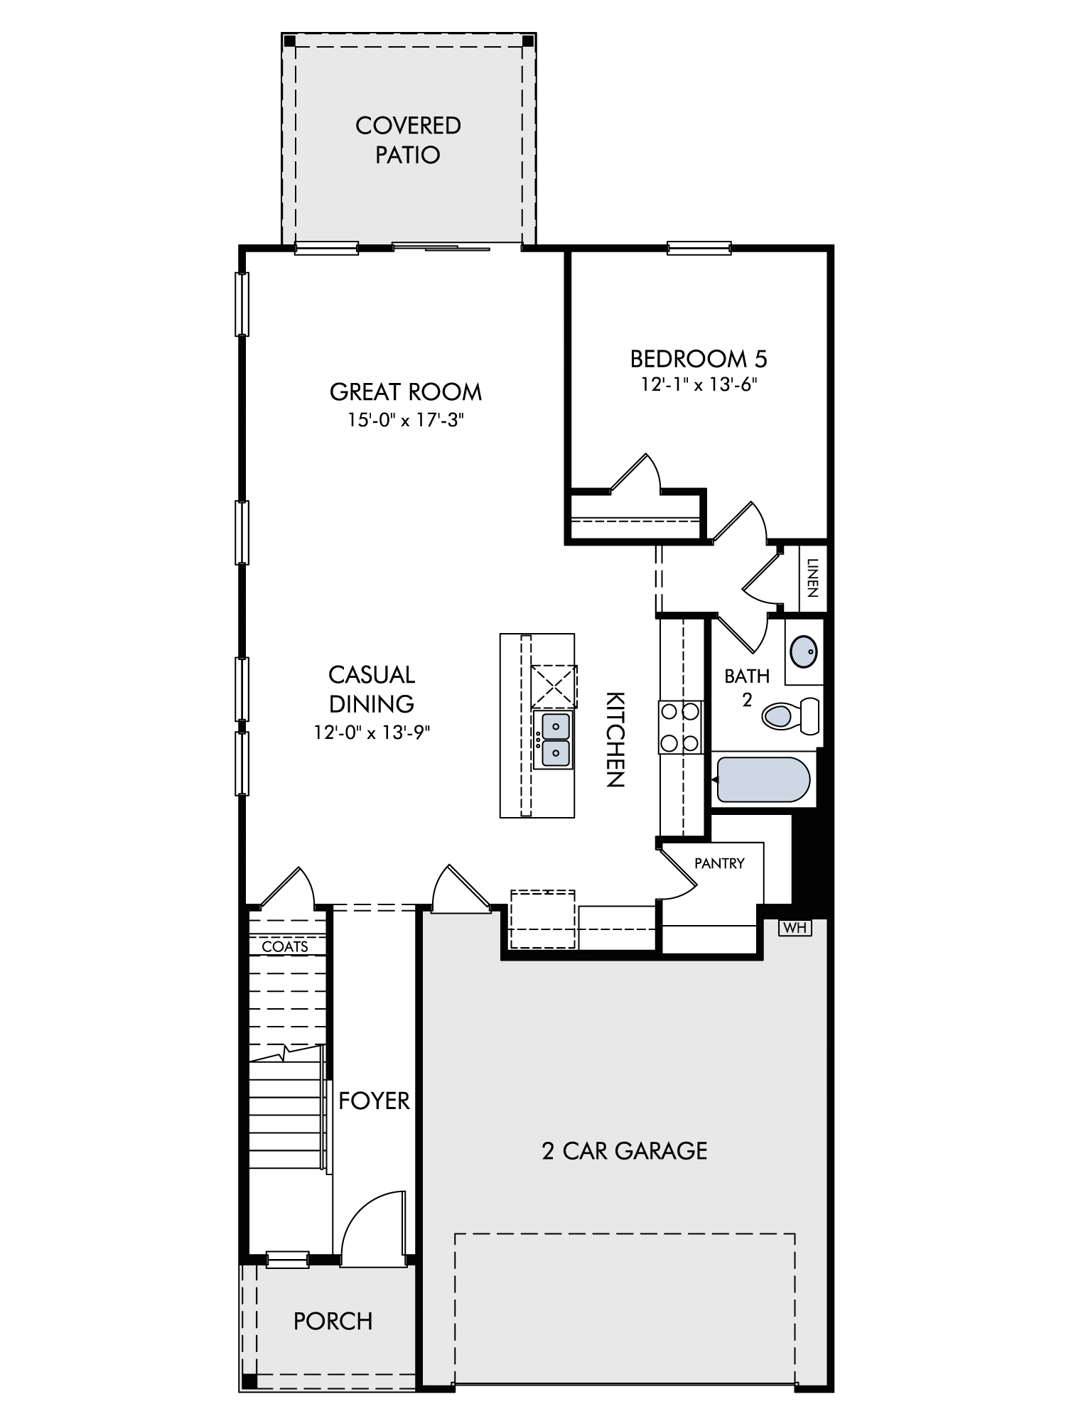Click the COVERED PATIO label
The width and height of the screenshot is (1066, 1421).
point(408,140)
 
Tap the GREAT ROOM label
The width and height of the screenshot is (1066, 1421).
point(406,391)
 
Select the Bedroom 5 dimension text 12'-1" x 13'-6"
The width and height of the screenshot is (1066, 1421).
point(699,384)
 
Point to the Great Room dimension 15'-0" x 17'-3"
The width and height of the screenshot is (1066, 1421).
point(406,420)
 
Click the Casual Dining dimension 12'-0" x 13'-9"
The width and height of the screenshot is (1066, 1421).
point(372,732)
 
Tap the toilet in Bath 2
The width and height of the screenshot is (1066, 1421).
point(790,715)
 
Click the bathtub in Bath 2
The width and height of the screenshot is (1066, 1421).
point(764,779)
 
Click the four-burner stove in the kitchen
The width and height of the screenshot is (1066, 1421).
point(681,727)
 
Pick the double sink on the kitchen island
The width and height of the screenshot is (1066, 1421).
point(554,740)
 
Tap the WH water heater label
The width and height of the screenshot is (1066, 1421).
point(795,927)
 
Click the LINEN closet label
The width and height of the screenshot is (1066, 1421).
point(814,578)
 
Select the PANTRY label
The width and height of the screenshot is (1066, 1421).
point(719,863)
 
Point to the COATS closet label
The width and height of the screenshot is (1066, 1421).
point(285,946)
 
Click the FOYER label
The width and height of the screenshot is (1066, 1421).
point(374,1101)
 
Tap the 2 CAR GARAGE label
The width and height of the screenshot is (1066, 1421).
point(625,1150)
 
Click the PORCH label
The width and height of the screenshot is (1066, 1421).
point(333,1321)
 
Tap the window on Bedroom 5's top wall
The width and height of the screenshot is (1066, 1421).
point(699,248)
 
